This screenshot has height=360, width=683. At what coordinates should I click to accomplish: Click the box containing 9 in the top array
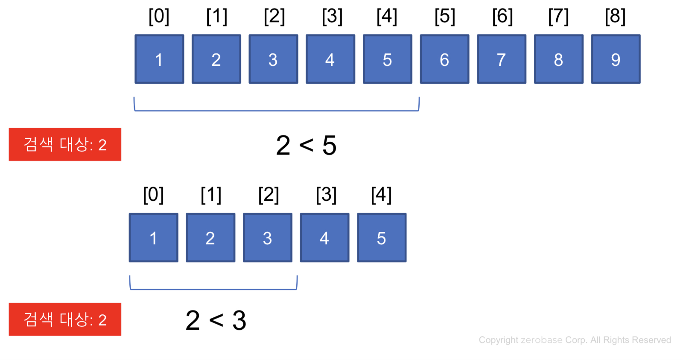tap(615, 59)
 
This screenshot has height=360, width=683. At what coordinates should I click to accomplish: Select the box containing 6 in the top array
tap(444, 59)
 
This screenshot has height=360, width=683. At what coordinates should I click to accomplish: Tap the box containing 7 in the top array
tap(501, 59)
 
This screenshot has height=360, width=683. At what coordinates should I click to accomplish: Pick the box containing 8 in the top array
tap(558, 59)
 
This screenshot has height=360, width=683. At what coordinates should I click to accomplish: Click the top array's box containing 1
tap(159, 59)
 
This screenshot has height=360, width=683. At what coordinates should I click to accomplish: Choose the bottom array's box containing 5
tap(382, 237)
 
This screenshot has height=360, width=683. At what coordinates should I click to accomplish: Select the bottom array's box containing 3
tap(268, 237)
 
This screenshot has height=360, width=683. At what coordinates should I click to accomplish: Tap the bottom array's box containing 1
tap(154, 237)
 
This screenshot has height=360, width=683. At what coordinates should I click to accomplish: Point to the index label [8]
tap(615, 16)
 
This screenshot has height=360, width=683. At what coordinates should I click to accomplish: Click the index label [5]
tap(445, 16)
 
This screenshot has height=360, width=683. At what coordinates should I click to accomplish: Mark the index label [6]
tap(502, 16)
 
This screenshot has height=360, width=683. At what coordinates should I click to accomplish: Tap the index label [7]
tap(558, 16)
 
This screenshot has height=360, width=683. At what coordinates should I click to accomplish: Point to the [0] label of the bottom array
tap(153, 195)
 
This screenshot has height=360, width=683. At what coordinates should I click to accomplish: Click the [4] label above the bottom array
tap(381, 195)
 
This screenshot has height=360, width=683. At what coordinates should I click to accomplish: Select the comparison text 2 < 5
tap(306, 145)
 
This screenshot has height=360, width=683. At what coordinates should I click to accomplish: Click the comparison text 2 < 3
tap(216, 320)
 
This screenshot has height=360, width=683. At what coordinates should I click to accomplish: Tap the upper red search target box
tap(65, 144)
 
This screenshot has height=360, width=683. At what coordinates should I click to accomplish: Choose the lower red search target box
tap(65, 319)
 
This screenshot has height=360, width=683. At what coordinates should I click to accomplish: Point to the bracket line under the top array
tap(277, 111)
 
